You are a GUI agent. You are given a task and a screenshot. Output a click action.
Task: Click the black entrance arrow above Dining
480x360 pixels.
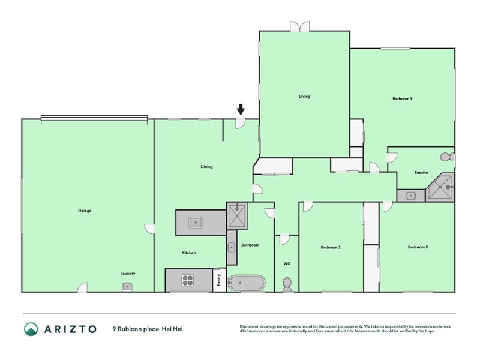pyautogui.click(x=241, y=109)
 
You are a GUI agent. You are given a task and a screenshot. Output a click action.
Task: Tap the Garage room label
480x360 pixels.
pyautogui.click(x=85, y=211)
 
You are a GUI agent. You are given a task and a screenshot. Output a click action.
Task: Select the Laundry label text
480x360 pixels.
pyautogui.click(x=127, y=274)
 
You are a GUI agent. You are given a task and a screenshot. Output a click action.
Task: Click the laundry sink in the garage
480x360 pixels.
pyautogui.click(x=127, y=286)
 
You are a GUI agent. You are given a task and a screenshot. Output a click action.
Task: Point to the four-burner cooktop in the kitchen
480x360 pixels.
pyautogui.click(x=187, y=280)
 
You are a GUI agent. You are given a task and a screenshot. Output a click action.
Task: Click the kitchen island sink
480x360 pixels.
pyautogui.click(x=195, y=223)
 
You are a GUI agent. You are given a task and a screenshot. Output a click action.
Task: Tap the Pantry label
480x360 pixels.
pyautogui.click(x=219, y=280)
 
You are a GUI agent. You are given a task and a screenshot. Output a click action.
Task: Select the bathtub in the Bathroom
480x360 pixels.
pyautogui.click(x=247, y=282)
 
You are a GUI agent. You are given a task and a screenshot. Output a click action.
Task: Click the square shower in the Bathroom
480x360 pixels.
pyautogui.click(x=236, y=215)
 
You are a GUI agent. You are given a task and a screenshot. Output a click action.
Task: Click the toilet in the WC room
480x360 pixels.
pyautogui.click(x=287, y=283)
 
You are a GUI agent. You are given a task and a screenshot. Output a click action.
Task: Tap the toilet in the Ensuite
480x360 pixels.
pyautogui.click(x=446, y=157)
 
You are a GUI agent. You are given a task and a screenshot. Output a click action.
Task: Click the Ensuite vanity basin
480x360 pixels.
pyautogui.click(x=411, y=195)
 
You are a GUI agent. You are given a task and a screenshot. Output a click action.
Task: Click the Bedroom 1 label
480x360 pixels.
pyautogui.click(x=401, y=98)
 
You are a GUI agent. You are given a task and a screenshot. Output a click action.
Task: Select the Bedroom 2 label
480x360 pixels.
pyautogui.click(x=330, y=247)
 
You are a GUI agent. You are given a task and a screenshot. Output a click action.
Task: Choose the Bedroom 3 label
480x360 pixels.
pyautogui.click(x=418, y=247)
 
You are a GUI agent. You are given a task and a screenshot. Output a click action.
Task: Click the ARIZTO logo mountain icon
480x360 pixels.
pyautogui.click(x=31, y=329)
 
